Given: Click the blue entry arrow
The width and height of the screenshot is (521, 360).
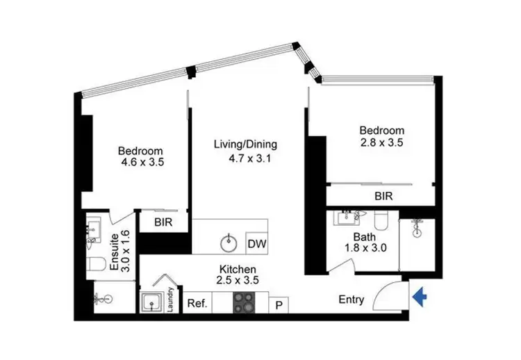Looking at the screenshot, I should pyautogui.click(x=419, y=297).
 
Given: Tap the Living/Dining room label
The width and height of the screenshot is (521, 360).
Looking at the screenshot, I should pyautogui.click(x=245, y=145).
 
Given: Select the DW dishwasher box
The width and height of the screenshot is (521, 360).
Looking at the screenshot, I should pyautogui.click(x=257, y=244).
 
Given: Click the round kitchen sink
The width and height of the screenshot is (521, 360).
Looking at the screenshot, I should pyautogui.click(x=229, y=244).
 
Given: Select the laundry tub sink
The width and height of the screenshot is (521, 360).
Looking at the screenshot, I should pyautogui.click(x=151, y=303).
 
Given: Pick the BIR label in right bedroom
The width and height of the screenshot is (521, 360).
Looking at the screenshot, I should pyautogui.click(x=383, y=197).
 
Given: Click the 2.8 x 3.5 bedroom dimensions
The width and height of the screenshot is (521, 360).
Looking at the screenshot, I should pyautogui.click(x=381, y=142).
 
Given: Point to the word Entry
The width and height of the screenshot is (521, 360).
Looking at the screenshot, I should pyautogui.click(x=351, y=300).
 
